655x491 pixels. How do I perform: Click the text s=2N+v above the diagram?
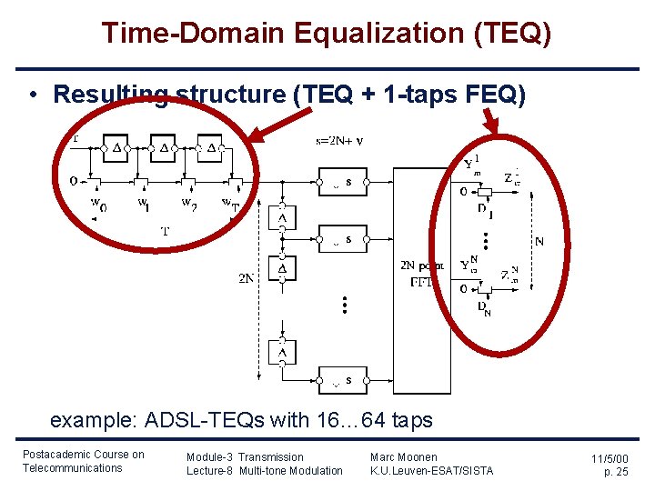click(x=339, y=141)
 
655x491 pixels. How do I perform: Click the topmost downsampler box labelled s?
click(x=341, y=182)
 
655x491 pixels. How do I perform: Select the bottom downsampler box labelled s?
click(x=341, y=380)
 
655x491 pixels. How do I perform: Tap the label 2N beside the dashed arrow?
click(x=247, y=278)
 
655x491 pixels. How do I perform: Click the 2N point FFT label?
click(x=422, y=274)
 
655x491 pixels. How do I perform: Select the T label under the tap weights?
click(x=165, y=231)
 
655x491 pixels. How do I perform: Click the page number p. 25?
click(x=616, y=473)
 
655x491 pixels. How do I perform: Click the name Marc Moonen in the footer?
click(x=403, y=456)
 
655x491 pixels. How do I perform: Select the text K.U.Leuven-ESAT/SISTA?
click(x=431, y=470)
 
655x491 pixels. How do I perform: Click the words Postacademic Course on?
click(x=83, y=455)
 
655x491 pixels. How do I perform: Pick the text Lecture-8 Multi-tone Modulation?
click(x=264, y=470)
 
